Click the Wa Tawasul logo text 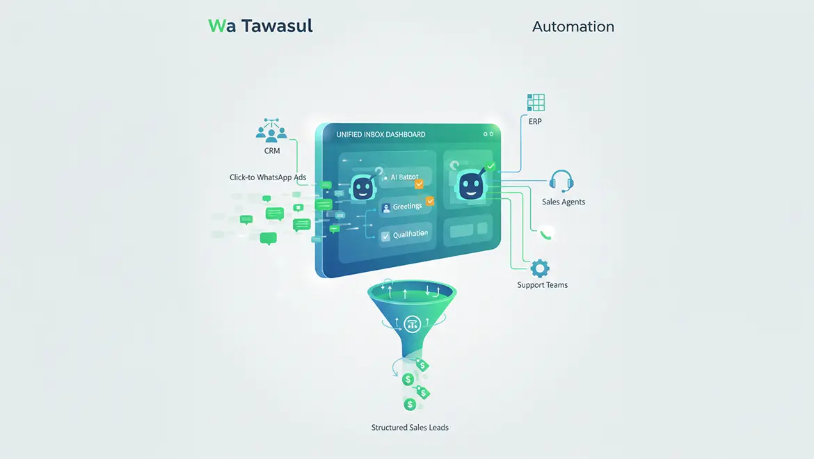[260, 26]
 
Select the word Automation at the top [573, 27]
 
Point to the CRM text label [272, 151]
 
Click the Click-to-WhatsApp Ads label [268, 177]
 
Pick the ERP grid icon [536, 102]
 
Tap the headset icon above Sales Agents [561, 181]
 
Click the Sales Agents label [564, 202]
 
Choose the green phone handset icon [548, 234]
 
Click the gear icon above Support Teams [540, 268]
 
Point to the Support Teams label [542, 285]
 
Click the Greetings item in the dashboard [407, 207]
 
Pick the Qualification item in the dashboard [409, 235]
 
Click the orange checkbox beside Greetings [429, 202]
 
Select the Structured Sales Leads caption [410, 427]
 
